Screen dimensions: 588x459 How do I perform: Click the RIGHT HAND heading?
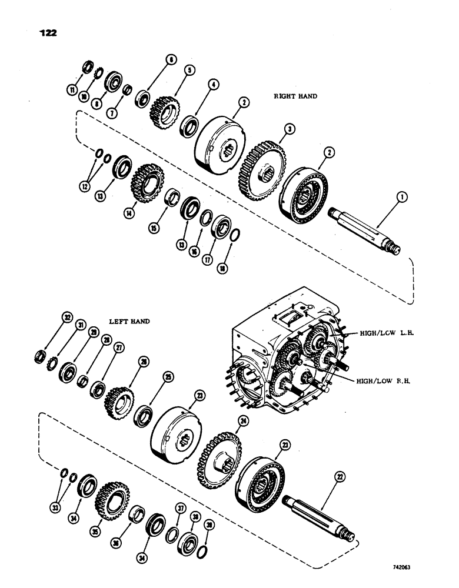point(295,96)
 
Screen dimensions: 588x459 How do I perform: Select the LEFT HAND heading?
point(129,322)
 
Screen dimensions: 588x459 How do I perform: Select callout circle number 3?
point(288,128)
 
